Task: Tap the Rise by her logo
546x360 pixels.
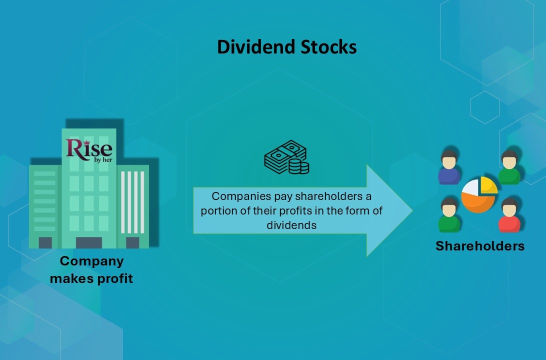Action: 89,149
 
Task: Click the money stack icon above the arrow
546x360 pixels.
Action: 286,157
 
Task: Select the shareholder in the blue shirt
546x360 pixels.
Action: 449,168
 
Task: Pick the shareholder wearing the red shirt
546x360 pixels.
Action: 509,215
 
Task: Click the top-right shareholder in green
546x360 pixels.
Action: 509,168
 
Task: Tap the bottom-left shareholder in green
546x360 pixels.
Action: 449,215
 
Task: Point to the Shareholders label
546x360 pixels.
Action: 479,246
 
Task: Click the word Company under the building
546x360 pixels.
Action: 91,261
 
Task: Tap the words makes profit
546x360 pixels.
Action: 91,278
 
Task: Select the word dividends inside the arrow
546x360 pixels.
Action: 291,225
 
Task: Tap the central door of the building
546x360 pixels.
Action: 88,242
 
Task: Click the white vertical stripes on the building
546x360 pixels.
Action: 134,202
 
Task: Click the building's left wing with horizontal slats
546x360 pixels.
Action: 45,200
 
